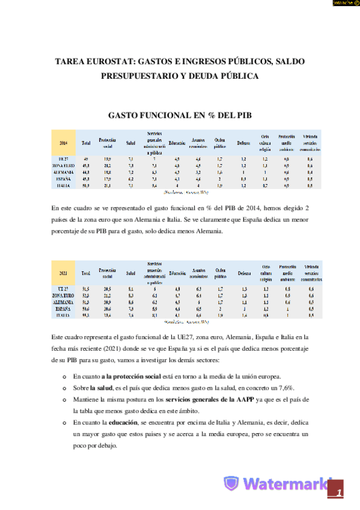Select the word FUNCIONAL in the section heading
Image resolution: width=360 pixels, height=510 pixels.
166,115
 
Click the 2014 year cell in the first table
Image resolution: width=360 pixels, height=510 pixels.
63,143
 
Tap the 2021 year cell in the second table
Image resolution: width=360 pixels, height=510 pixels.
63,273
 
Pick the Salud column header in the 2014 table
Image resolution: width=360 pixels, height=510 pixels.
130,143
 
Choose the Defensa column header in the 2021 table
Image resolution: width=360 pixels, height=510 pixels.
243,273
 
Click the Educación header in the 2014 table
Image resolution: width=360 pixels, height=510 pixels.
177,143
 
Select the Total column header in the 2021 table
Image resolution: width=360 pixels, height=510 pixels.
86,273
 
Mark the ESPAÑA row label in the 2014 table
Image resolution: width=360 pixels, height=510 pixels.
63,179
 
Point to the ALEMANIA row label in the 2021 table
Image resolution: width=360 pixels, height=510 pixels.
63,302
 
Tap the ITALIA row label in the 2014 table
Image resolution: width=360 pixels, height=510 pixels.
63,185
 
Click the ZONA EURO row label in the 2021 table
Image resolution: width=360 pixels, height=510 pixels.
63,296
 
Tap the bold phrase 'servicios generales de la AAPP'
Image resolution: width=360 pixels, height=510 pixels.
205,399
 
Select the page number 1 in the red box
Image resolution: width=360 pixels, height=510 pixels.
340,493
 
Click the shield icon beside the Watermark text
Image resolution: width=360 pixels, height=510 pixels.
232,484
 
